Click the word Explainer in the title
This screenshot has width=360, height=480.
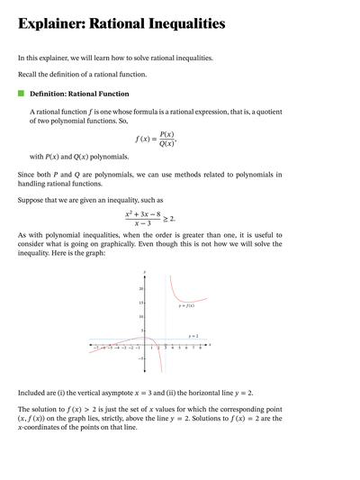(x=53, y=24)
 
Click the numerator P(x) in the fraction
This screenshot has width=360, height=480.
(x=166, y=133)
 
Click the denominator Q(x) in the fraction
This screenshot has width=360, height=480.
(x=166, y=144)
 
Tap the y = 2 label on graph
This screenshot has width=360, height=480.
(x=193, y=335)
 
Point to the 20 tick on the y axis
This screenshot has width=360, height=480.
(x=140, y=288)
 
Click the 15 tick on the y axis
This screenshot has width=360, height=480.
(x=140, y=303)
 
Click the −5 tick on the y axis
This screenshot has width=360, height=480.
(x=139, y=358)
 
